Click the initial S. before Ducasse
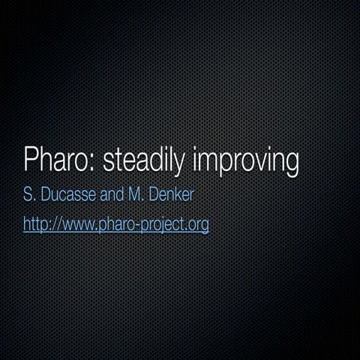[x=30, y=197]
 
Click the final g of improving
[x=291, y=163]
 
